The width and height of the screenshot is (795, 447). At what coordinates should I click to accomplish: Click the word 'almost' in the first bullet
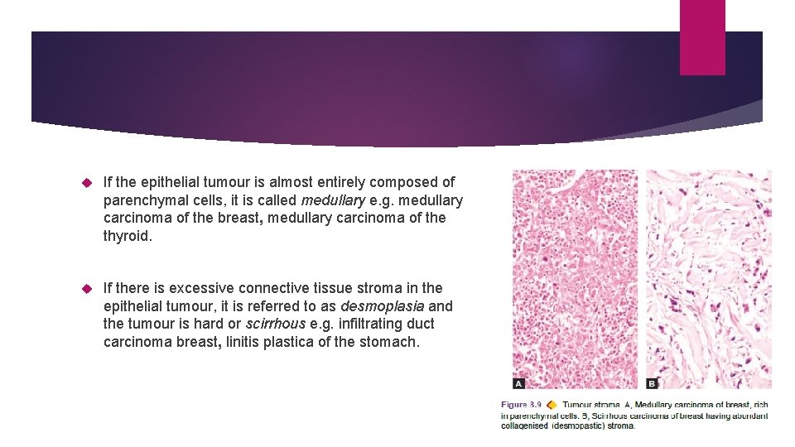point(311,182)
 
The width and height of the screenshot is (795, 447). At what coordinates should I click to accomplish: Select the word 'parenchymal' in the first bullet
point(168,200)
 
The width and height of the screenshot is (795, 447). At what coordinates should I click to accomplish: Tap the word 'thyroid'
point(128,236)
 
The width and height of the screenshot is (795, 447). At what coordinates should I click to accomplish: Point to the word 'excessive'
point(204,288)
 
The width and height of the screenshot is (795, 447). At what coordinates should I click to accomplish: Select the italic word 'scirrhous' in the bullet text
point(276,324)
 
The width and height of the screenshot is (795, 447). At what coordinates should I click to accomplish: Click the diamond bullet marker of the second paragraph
point(87,288)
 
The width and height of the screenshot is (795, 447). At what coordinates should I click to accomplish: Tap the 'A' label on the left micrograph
point(519,383)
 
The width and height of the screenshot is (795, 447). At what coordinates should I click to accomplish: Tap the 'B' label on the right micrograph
point(652,383)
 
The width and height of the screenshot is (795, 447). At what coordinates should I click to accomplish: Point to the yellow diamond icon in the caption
point(552,405)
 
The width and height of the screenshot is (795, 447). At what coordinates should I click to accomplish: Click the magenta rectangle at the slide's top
point(702,37)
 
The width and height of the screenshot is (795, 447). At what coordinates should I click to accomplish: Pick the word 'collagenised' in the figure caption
point(524,425)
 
